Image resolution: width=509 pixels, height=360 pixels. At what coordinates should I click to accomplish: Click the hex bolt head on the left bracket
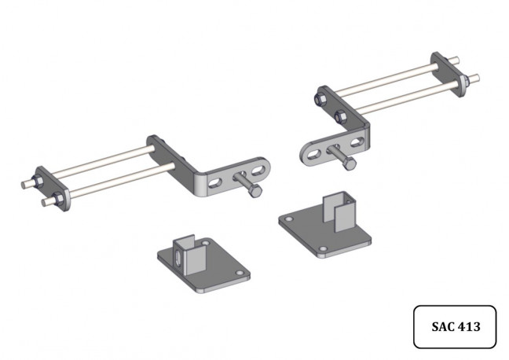(255, 191)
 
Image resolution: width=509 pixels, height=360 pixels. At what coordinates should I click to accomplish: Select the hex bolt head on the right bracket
(350, 163)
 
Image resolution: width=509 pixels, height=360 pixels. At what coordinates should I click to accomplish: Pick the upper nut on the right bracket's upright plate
(320, 98)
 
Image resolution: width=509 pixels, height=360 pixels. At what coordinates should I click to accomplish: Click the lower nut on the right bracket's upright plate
(340, 116)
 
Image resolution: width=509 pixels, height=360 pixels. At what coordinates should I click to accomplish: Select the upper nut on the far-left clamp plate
(38, 182)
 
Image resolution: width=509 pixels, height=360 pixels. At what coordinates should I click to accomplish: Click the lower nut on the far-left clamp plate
(58, 199)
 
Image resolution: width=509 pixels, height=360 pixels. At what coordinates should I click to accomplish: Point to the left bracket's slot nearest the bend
(215, 182)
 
